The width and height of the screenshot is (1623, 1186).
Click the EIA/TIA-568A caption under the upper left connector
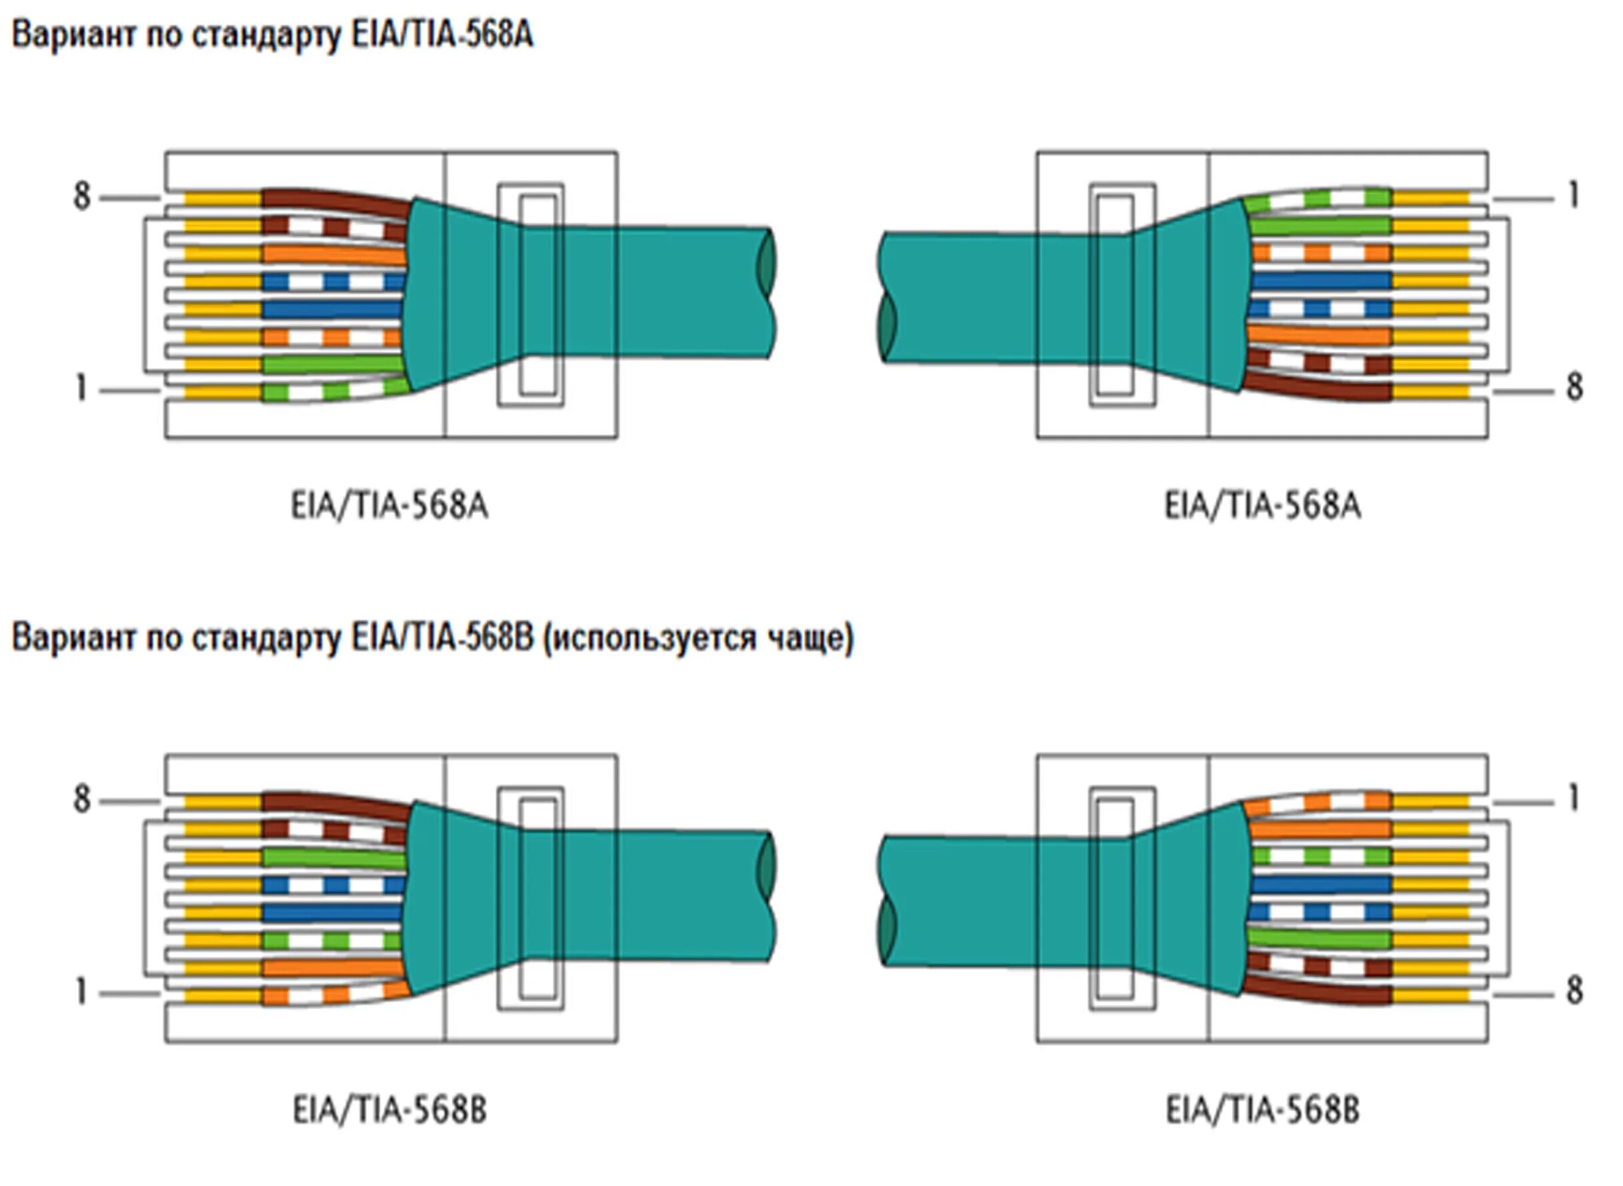click(x=389, y=506)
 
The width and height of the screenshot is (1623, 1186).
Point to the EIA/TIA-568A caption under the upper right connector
click(x=1262, y=506)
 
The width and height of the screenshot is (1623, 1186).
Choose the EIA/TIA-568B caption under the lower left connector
click(x=389, y=1110)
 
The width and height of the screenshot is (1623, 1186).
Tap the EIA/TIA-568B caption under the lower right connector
click(x=1262, y=1110)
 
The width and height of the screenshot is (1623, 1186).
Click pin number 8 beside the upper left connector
click(x=82, y=196)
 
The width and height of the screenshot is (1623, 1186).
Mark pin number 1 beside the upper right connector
click(x=1573, y=195)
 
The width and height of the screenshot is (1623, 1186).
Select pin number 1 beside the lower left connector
click(x=81, y=992)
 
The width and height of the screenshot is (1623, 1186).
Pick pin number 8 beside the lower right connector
click(x=1574, y=991)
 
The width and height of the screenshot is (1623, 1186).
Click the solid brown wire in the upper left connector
click(x=336, y=201)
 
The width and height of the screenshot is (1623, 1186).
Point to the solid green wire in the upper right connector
click(x=1320, y=226)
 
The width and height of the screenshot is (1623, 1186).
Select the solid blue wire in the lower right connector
click(x=1320, y=884)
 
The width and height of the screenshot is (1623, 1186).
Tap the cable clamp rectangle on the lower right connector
click(x=1122, y=899)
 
